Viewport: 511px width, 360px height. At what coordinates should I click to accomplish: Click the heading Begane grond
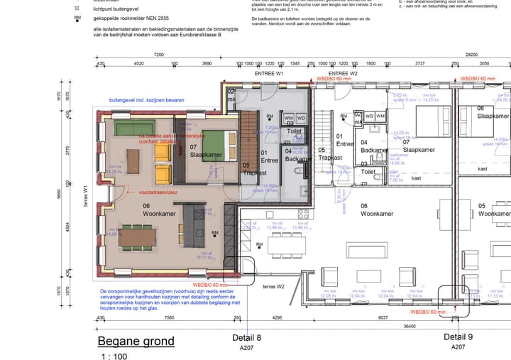[136, 341]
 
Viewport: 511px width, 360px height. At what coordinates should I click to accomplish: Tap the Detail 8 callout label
[247, 337]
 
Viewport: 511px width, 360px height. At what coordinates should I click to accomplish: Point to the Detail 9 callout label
[458, 337]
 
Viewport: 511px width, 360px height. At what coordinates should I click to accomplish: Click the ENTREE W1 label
[269, 74]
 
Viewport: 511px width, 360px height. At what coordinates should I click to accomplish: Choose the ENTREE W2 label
[343, 74]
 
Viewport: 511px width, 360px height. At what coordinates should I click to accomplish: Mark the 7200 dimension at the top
[158, 54]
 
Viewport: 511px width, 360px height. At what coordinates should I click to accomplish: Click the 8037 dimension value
[383, 317]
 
